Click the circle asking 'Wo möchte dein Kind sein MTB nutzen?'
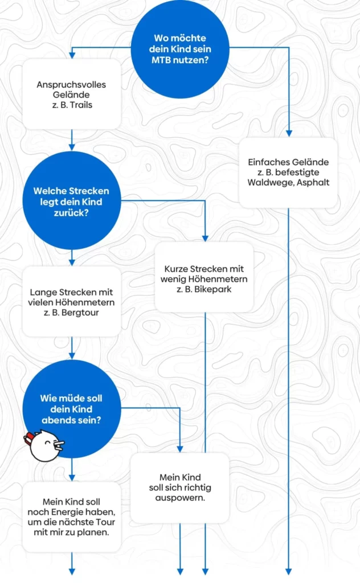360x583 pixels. [x=180, y=49]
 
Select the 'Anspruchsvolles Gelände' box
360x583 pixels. [x=72, y=95]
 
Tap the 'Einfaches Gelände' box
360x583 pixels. [x=288, y=173]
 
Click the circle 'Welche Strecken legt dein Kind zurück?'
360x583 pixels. [x=72, y=201]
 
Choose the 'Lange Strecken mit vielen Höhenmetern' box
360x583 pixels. [x=72, y=302]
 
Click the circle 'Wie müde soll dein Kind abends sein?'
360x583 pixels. [x=72, y=409]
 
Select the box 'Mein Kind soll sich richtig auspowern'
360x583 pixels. [x=180, y=488]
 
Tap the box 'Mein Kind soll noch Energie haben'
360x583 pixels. [x=72, y=517]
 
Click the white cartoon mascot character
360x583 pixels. [x=44, y=445]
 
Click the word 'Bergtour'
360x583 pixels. [x=80, y=313]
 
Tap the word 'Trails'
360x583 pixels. [x=81, y=105]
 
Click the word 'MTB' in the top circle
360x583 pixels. [x=160, y=60]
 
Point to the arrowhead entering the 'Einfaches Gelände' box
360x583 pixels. [x=289, y=133]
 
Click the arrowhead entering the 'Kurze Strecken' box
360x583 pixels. [x=205, y=239]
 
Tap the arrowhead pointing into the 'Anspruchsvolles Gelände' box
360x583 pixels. [x=72, y=55]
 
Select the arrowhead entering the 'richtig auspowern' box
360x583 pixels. [x=180, y=449]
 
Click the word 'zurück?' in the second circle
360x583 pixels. [x=71, y=213]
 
